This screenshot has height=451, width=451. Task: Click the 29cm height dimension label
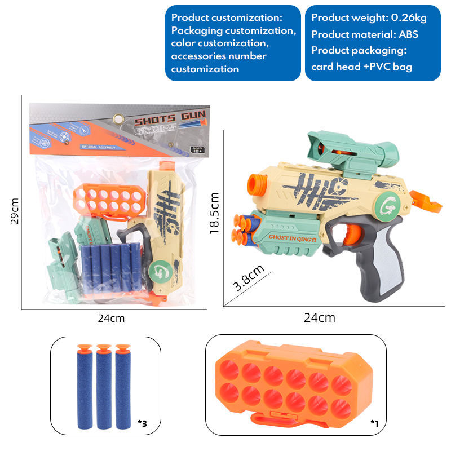[15, 211]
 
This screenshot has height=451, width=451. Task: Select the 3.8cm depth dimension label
[249, 277]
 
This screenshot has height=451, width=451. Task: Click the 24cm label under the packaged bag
[111, 318]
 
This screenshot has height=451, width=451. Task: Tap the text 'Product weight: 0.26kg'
[369, 17]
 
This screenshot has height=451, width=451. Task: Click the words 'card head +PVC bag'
[361, 67]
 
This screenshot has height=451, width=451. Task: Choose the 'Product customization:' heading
[227, 17]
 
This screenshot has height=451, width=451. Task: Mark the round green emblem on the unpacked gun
[388, 202]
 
